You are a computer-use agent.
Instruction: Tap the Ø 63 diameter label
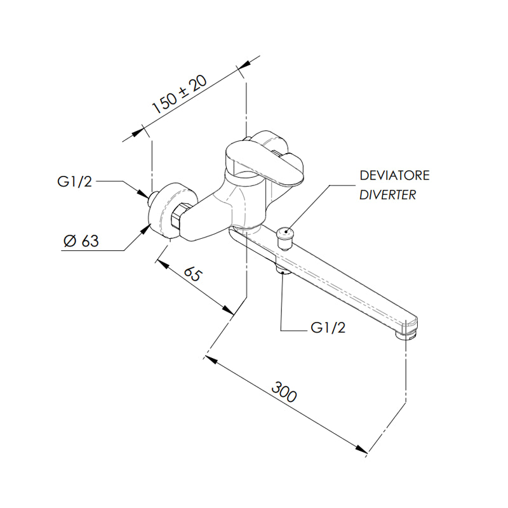click(x=81, y=241)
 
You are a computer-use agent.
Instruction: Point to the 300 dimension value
click(x=284, y=392)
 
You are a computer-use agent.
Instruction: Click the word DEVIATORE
click(x=394, y=175)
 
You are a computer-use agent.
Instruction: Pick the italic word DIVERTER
click(x=388, y=195)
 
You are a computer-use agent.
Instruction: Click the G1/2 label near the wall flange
click(x=74, y=182)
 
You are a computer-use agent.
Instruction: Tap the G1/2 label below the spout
click(x=328, y=328)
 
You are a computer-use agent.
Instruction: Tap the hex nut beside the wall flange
click(x=178, y=217)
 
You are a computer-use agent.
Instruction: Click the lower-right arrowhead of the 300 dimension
click(x=361, y=449)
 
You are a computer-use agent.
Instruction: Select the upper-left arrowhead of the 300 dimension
click(x=211, y=359)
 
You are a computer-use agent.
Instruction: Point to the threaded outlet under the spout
click(x=283, y=269)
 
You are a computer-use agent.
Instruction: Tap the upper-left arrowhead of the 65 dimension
click(x=163, y=264)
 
